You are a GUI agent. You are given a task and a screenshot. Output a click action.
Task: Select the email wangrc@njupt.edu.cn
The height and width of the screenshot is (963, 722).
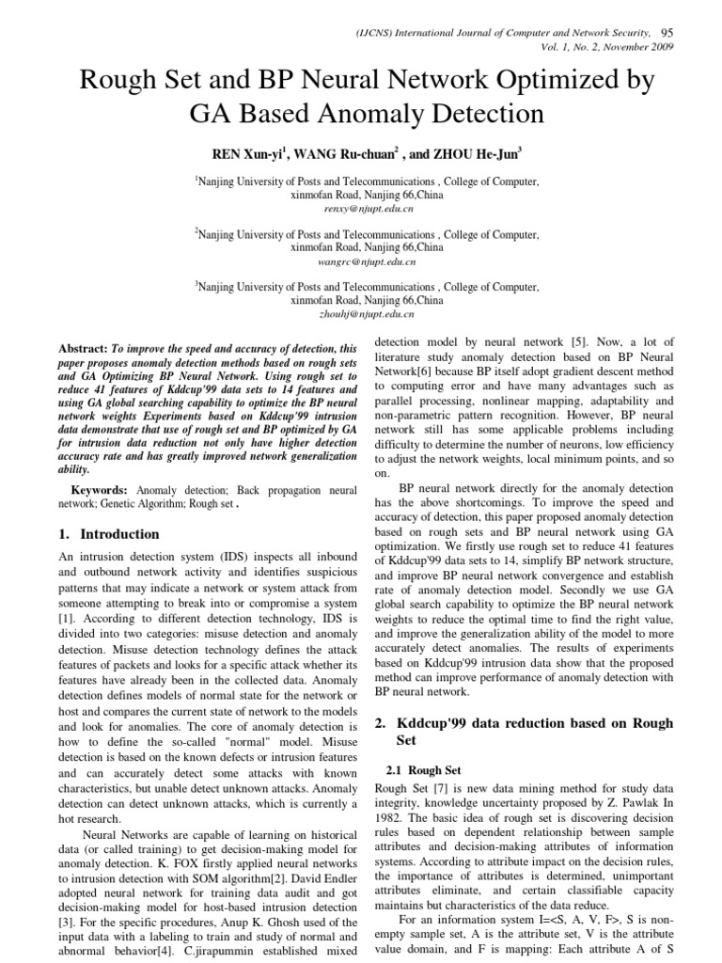point(360,260)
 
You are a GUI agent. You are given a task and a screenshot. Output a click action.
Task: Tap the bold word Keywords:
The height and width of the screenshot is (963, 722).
point(101,490)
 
